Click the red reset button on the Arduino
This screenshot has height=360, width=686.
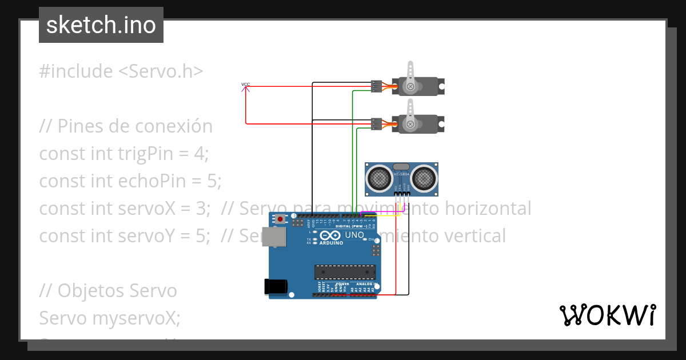coord(280,219)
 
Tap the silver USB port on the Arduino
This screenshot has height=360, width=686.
coord(273,237)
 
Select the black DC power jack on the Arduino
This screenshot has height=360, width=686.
coord(275,287)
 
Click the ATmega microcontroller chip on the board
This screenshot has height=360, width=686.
coord(345,273)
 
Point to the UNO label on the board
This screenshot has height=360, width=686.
coord(354,235)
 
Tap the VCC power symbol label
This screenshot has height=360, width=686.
coord(245,85)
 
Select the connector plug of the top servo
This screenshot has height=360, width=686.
coord(376,86)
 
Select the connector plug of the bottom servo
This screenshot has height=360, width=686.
coord(376,123)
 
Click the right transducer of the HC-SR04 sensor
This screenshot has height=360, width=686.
coord(424,178)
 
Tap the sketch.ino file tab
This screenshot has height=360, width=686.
coord(101,25)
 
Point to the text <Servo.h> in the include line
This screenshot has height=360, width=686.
coord(161,71)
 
